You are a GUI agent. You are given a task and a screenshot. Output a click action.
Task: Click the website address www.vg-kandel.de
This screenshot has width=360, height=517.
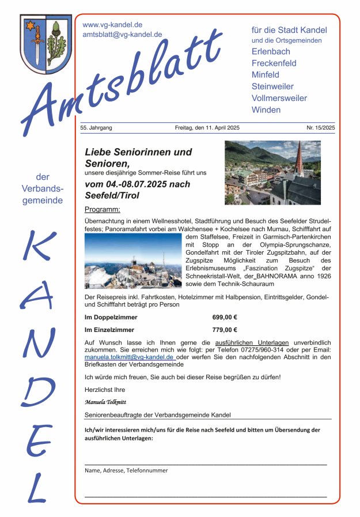click(x=112, y=25)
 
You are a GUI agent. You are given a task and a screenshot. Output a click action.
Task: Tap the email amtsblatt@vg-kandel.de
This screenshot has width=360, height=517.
click(x=122, y=35)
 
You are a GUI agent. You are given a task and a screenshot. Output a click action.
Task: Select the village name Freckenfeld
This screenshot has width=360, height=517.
click(x=274, y=63)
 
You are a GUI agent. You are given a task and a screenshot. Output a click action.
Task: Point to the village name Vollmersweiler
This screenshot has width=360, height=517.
click(x=279, y=98)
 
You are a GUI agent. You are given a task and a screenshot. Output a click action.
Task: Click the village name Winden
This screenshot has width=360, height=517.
click(x=266, y=110)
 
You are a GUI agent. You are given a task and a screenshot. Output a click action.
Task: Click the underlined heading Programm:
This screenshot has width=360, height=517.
click(x=102, y=209)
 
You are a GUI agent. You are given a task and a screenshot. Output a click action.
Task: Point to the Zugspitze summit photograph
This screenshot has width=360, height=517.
click(x=132, y=261)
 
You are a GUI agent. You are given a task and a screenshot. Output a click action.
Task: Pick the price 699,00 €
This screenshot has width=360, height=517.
click(x=225, y=317)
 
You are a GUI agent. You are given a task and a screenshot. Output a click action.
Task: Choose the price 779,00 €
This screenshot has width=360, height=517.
click(x=225, y=330)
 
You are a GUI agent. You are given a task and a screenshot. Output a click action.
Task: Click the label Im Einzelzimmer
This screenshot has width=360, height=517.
click(x=109, y=330)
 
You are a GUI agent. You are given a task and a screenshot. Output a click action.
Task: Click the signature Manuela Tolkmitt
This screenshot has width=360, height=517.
click(x=105, y=402)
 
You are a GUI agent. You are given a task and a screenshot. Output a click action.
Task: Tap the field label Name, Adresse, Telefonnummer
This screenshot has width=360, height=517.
click(x=126, y=470)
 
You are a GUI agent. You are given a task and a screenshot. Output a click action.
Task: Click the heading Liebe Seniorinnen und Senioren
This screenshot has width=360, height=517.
click(x=138, y=158)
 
